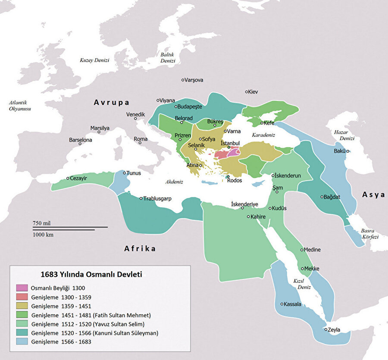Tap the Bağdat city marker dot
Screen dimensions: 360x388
[322, 197]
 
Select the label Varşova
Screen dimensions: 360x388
[194, 80]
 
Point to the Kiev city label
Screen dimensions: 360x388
[253, 91]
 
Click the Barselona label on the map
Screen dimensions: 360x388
[81, 140]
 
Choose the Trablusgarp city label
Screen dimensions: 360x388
[158, 198]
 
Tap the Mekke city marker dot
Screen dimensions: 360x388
[303, 269]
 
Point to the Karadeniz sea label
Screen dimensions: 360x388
[263, 135]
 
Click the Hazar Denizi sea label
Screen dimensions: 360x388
[343, 135]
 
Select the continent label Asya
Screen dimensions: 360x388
[373, 194]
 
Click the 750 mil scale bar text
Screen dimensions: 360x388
[42, 223]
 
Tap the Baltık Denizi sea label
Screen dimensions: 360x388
[168, 58]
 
